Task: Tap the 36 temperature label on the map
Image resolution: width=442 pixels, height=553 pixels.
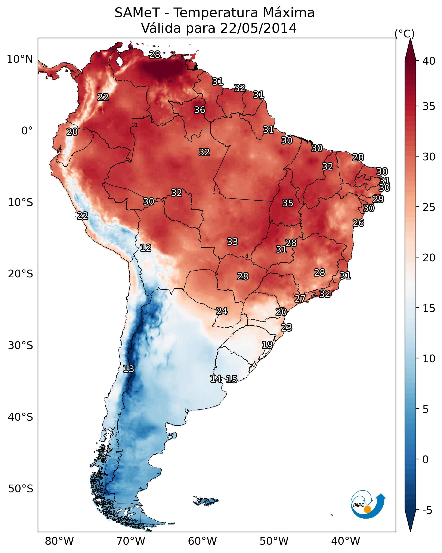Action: (200, 110)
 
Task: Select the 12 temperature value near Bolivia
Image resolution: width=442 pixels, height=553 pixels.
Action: (145, 248)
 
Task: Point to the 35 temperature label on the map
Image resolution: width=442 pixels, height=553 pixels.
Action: (288, 203)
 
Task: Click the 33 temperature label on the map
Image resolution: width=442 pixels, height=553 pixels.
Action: (232, 242)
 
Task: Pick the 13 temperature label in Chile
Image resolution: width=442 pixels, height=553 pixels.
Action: (128, 369)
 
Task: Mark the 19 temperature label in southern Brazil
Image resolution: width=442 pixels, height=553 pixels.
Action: (267, 345)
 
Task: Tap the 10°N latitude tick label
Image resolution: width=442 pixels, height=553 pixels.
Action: (20, 59)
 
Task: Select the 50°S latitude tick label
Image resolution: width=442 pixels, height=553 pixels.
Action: (21, 489)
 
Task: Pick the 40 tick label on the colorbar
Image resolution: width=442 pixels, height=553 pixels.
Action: (429, 61)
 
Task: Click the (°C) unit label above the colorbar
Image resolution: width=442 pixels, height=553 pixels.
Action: (404, 34)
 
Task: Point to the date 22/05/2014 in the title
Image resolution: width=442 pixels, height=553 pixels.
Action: (258, 28)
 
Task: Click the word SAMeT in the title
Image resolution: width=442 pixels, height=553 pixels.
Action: (137, 13)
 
